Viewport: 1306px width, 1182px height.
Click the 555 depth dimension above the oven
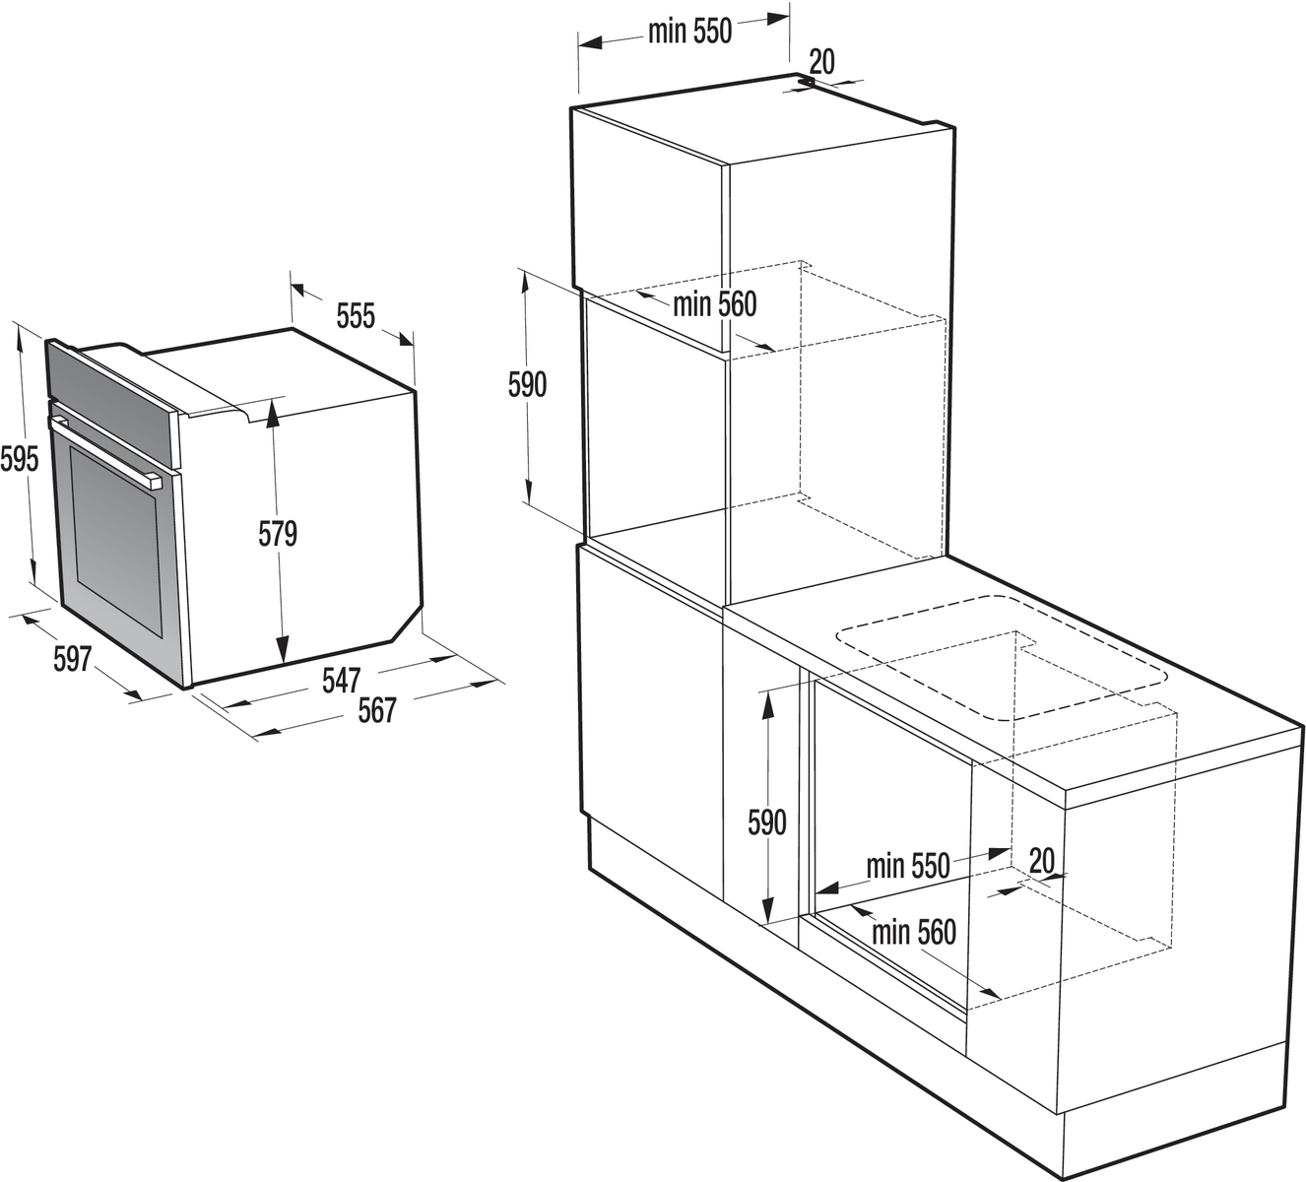(x=357, y=316)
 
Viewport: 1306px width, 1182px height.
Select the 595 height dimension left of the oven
(x=20, y=460)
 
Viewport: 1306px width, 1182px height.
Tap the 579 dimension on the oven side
(x=278, y=534)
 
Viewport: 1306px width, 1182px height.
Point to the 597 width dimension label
(x=72, y=660)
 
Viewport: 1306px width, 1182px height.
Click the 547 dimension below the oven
(x=341, y=681)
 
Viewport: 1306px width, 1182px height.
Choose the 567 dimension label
(x=377, y=710)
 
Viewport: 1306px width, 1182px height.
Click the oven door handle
(x=104, y=451)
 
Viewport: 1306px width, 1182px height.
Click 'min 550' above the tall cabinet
(x=690, y=32)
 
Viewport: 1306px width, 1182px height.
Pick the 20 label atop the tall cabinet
(x=821, y=62)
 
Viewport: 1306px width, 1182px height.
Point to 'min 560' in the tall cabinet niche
(x=714, y=304)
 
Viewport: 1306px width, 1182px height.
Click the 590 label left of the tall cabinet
(x=527, y=385)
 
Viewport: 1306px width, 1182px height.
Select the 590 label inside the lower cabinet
(x=767, y=823)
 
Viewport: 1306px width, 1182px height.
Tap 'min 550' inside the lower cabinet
(x=907, y=866)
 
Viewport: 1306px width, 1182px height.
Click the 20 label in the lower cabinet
(x=1042, y=861)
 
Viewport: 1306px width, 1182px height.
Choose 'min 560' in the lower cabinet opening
(x=913, y=932)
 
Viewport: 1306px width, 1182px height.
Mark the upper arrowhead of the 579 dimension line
(x=273, y=413)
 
